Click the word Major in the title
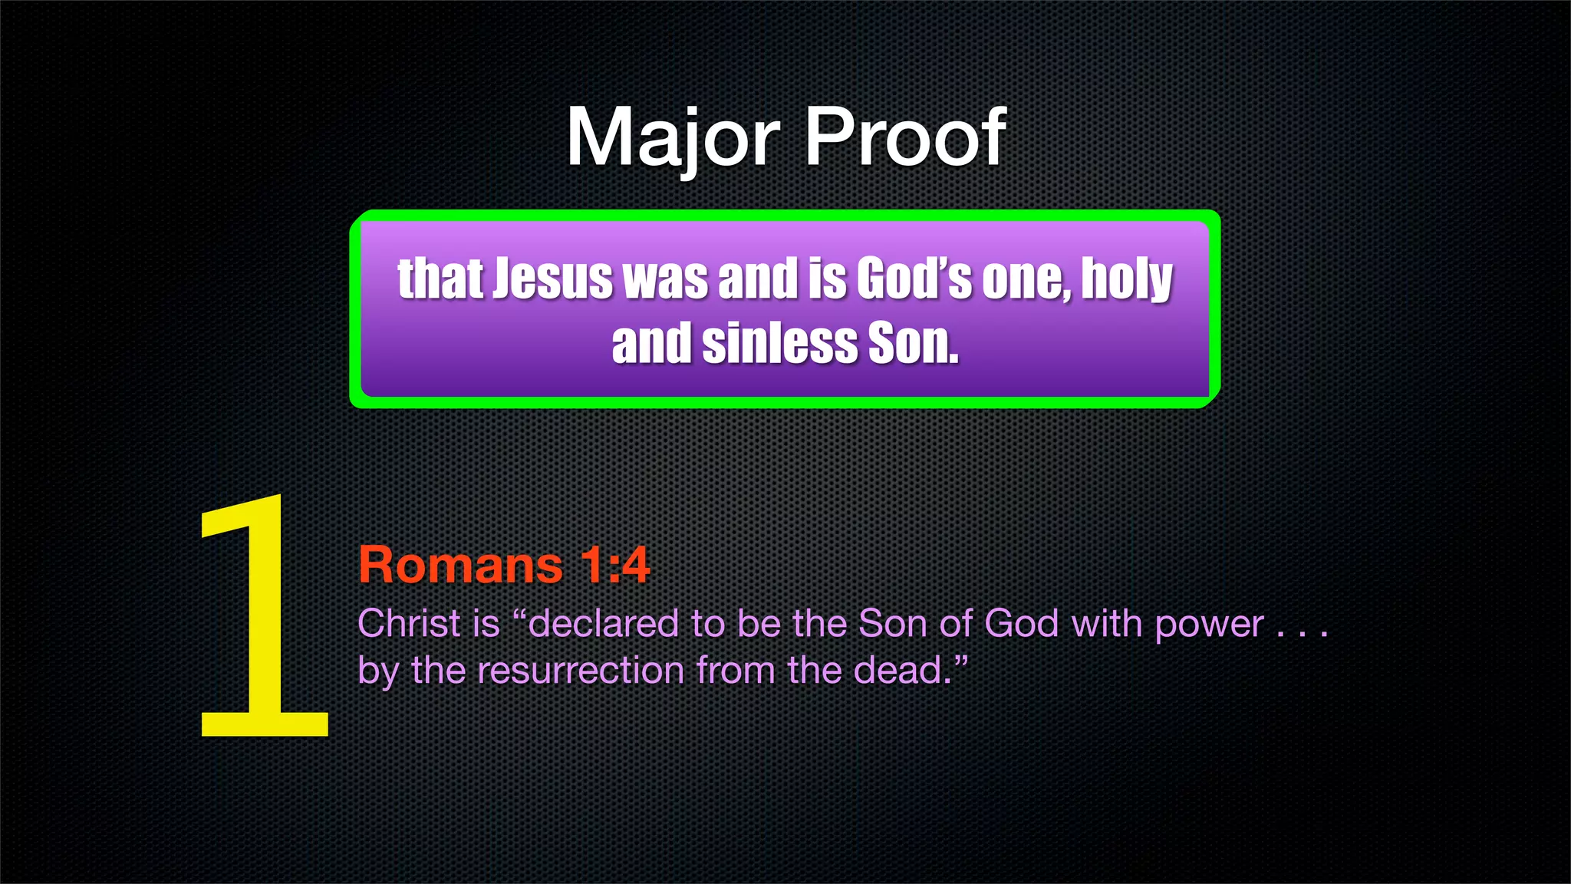[672, 138]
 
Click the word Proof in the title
[905, 138]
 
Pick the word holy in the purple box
[1127, 280]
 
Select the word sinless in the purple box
[779, 343]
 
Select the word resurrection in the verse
[581, 671]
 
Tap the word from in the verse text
[736, 671]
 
